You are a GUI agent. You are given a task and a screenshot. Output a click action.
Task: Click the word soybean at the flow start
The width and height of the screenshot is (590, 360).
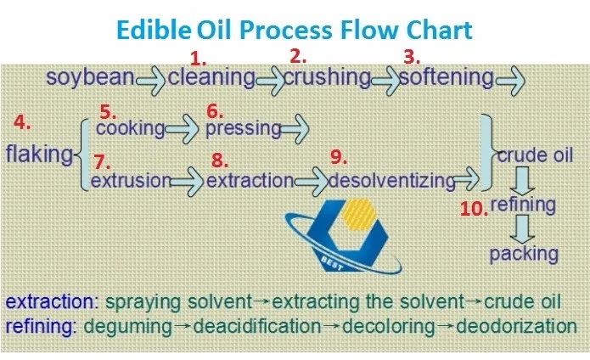point(90,78)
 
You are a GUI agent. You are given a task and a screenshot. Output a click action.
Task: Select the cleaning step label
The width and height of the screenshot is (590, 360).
point(211,78)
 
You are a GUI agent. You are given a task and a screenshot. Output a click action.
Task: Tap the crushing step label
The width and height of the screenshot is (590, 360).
point(327,78)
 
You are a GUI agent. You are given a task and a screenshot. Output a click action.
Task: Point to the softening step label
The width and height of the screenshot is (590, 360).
point(447,77)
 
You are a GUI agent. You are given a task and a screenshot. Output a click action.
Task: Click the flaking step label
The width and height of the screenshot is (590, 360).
point(40,154)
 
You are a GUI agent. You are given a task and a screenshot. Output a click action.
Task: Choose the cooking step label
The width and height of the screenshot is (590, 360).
point(131,128)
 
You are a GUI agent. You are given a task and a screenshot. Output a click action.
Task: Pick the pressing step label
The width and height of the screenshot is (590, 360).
point(244,129)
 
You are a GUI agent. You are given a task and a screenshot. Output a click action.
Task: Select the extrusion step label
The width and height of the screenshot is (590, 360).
point(132,181)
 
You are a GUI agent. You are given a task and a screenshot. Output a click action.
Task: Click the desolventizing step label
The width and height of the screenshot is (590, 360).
point(392,181)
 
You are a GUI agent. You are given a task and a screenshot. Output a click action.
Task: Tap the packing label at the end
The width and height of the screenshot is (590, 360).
point(524,254)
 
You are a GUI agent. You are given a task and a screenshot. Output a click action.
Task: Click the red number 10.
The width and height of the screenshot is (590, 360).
point(474,209)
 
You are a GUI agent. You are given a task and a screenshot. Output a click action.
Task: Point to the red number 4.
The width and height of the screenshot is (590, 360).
point(22,122)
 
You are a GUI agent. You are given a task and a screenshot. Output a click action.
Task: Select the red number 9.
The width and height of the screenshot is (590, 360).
point(339,157)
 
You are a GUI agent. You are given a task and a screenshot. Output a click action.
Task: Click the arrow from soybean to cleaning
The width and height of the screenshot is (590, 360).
point(151,80)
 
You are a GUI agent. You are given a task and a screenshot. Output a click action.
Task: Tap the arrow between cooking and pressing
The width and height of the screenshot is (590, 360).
point(182,129)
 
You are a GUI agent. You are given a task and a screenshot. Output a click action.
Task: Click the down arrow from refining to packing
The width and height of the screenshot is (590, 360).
point(523,228)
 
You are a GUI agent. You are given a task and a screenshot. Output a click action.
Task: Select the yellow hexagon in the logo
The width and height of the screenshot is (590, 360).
point(357,215)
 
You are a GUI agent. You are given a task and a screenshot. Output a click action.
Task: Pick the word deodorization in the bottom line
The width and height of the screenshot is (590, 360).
point(516,326)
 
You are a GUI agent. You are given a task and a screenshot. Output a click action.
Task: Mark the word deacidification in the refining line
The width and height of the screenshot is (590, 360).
point(257,326)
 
